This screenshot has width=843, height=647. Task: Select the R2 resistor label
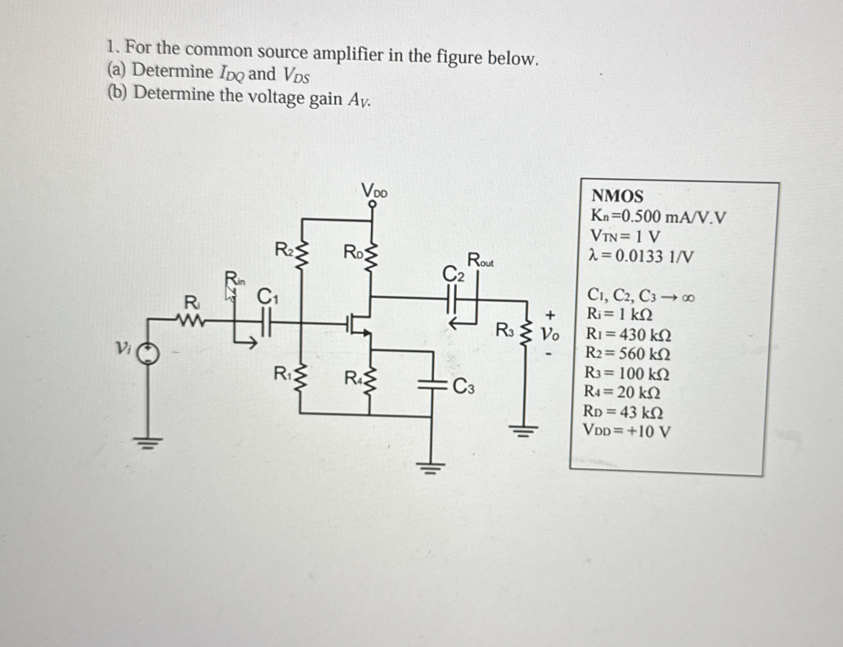(x=284, y=249)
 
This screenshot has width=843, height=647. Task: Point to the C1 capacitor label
(x=268, y=297)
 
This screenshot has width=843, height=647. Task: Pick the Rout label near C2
(x=480, y=260)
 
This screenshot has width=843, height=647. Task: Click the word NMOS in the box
(x=617, y=196)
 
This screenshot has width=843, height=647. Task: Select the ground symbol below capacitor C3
(x=431, y=469)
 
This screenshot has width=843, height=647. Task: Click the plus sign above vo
(x=550, y=315)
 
